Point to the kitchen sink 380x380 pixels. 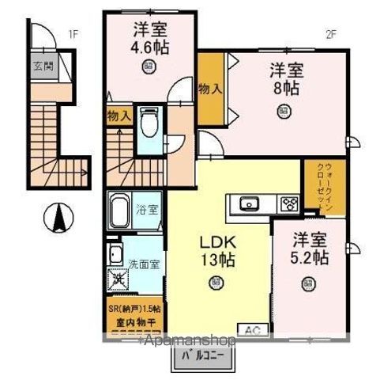click(248, 204)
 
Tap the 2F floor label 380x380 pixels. click(332, 33)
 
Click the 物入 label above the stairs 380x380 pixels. click(119, 116)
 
